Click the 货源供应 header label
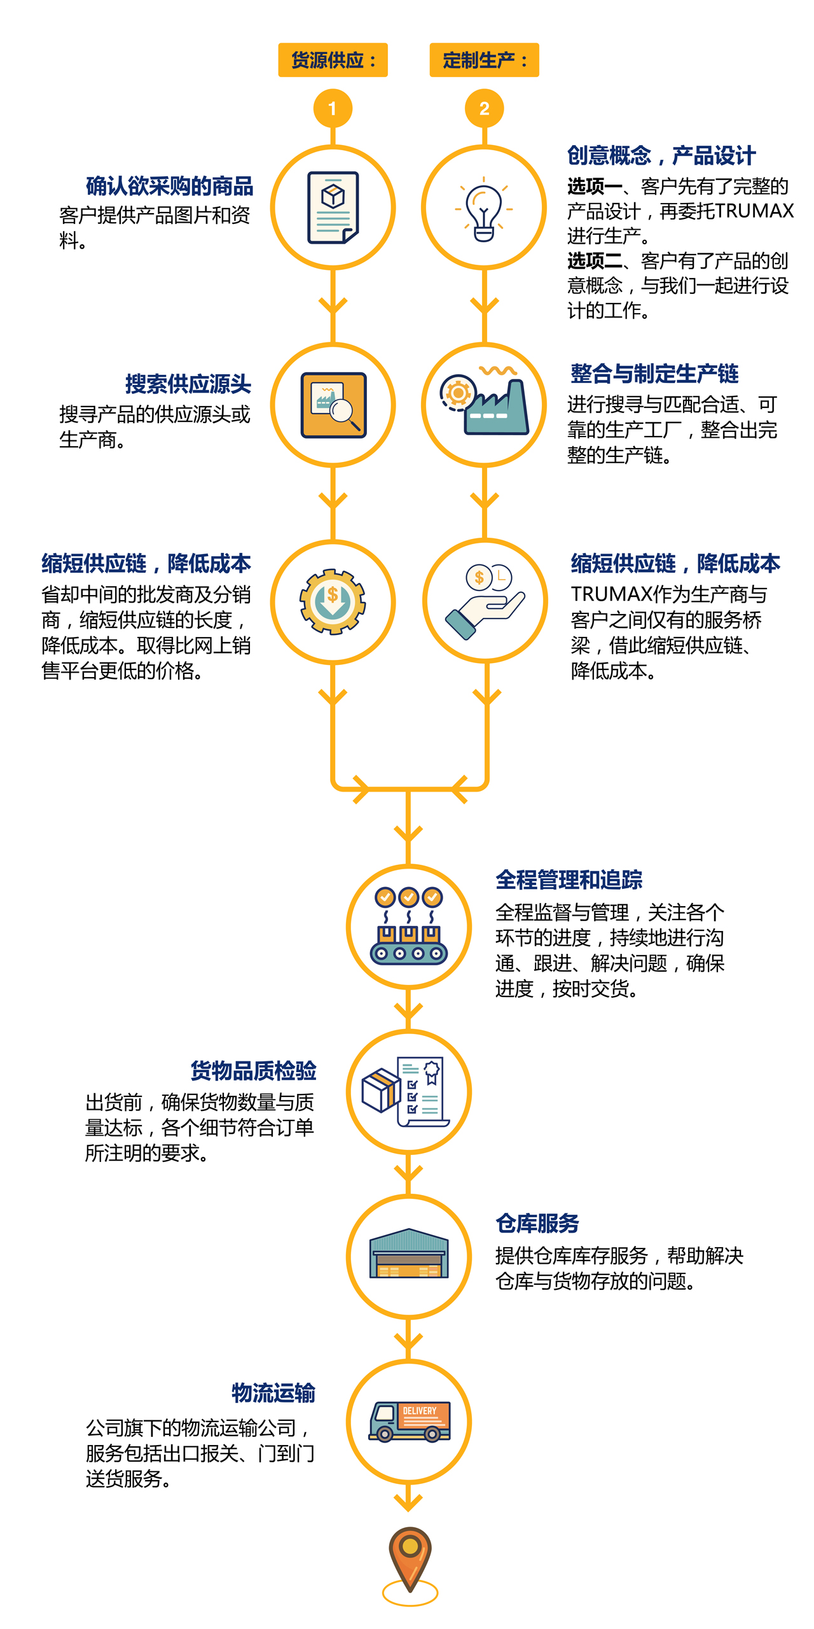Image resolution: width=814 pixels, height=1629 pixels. tap(333, 60)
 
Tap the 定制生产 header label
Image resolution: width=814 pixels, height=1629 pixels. tap(484, 60)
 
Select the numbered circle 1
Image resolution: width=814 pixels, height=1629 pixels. tap(333, 109)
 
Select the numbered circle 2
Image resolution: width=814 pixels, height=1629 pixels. tap(484, 109)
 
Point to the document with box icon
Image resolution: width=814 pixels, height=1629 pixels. tap(333, 207)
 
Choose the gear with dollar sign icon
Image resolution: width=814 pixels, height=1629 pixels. tap(333, 601)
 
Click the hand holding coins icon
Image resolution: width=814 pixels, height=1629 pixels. tap(485, 601)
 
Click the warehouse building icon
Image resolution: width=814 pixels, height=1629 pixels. tap(409, 1254)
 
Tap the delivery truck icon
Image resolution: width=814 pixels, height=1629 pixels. tap(410, 1421)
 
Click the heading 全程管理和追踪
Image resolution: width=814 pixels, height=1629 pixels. tap(569, 880)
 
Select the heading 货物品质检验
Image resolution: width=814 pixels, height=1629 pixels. tap(253, 1071)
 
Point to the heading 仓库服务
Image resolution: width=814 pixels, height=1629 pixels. tap(537, 1224)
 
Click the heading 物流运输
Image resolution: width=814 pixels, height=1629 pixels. tap(273, 1393)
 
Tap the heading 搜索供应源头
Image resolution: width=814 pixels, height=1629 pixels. tap(188, 384)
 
